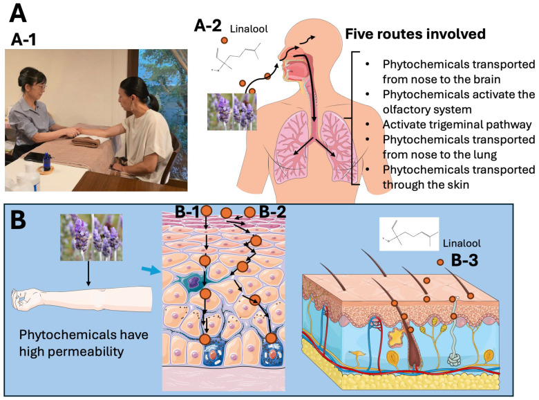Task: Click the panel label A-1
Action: tap(23, 40)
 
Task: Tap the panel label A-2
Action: tap(207, 26)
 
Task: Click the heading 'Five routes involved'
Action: tap(415, 34)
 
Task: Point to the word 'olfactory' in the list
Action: tap(405, 109)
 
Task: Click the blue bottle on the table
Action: tap(46, 161)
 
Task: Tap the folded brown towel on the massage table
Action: tap(86, 140)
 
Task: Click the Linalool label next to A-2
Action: tap(249, 29)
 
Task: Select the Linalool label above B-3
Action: tap(462, 244)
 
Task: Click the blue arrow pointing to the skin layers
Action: tap(151, 271)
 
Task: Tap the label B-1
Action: tap(187, 212)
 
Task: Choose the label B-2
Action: tap(272, 212)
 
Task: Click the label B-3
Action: tap(464, 261)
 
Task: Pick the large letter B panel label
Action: tap(18, 219)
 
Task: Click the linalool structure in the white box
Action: tap(409, 234)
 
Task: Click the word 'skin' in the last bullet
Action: tap(458, 185)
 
